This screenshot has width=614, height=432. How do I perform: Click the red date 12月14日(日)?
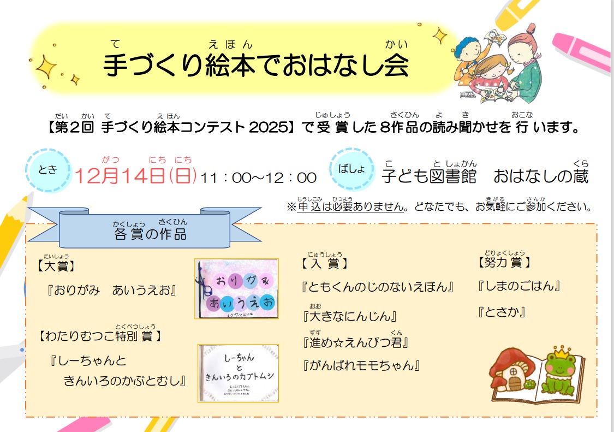point(136,176)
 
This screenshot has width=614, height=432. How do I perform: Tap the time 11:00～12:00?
point(258,177)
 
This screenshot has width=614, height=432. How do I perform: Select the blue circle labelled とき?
point(47,169)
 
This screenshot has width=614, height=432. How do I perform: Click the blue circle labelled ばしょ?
point(351,169)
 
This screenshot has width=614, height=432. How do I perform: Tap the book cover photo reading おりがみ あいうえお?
point(236,289)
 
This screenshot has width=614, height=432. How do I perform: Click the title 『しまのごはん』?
point(519,286)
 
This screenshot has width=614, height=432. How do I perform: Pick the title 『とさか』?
point(500,312)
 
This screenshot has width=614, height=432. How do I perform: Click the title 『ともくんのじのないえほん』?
point(378,287)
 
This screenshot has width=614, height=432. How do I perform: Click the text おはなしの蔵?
point(541,176)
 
